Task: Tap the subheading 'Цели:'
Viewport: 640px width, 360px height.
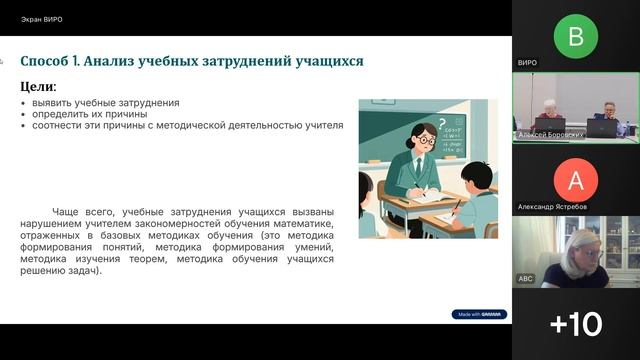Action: pos(39,87)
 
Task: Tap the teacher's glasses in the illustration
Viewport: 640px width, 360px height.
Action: pos(424,141)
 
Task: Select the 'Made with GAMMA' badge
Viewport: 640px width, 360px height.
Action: pos(479,313)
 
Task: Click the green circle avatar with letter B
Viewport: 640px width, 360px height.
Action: pos(575,36)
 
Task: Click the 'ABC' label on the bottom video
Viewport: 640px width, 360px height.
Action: pos(525,278)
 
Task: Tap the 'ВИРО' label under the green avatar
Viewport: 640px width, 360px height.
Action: pos(527,62)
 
